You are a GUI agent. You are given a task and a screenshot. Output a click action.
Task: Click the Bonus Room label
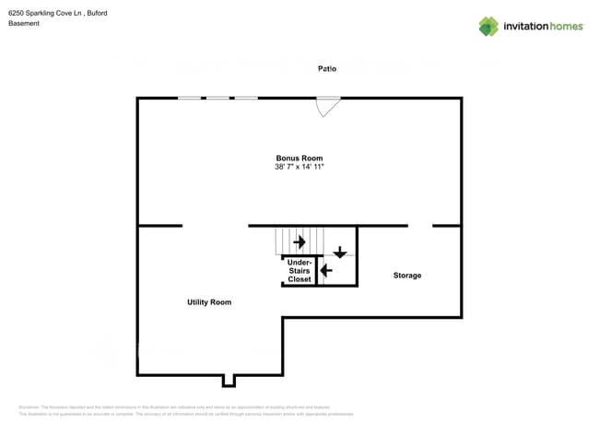[x=299, y=159]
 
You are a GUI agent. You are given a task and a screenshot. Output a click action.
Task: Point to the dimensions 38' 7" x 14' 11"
[x=299, y=167]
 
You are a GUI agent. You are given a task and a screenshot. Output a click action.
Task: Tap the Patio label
[x=327, y=68]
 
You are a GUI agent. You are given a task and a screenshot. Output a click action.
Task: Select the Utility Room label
[x=209, y=302]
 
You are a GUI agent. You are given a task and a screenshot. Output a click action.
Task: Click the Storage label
[x=407, y=276]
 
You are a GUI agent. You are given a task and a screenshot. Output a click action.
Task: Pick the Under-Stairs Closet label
[x=299, y=271]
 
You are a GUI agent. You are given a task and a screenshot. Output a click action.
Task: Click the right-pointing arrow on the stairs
[x=299, y=242]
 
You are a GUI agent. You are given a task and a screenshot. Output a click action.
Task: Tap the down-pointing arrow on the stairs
[x=340, y=251]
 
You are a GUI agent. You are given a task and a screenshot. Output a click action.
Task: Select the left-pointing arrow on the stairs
[x=326, y=271]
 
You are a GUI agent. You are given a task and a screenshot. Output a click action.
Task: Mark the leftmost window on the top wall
[x=190, y=98]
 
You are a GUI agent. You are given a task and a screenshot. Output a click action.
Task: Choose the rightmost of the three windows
[x=246, y=98]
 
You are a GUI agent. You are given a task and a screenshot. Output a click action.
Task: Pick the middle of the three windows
[x=217, y=98]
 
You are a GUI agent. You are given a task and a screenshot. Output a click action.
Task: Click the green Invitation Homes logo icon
[x=488, y=26]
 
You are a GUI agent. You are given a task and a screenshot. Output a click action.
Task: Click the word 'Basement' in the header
[x=24, y=23]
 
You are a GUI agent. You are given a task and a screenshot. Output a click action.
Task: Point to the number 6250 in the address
[x=16, y=13]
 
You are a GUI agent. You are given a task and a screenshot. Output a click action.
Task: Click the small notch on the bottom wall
[x=229, y=380]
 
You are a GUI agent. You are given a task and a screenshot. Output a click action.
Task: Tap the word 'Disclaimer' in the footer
[x=29, y=407]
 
